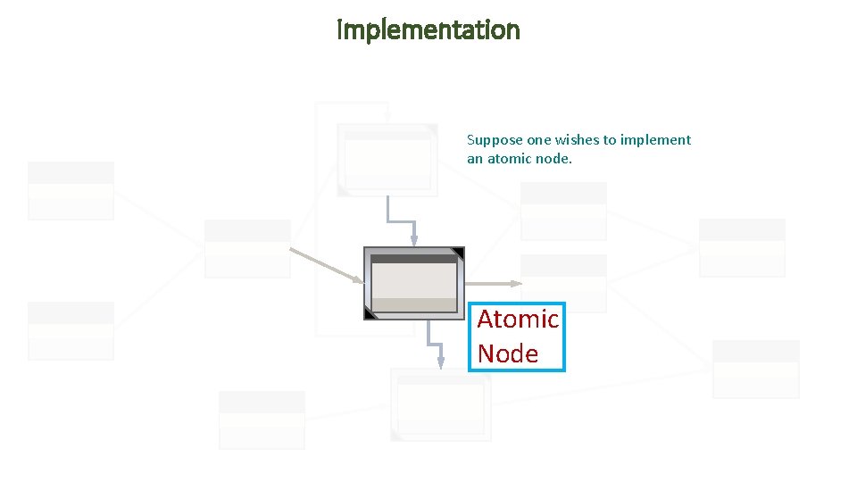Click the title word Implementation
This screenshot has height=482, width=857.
click(428, 30)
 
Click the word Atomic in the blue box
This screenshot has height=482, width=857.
click(518, 319)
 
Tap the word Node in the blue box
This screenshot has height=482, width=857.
click(507, 353)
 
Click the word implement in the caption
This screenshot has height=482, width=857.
click(655, 140)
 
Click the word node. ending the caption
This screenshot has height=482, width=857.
click(553, 159)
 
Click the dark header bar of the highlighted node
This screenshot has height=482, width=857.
click(413, 259)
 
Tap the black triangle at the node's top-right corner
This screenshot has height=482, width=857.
click(458, 253)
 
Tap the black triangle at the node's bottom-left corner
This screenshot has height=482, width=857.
click(370, 313)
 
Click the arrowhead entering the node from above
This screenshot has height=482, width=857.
click(413, 239)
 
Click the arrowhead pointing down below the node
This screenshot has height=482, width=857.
click(440, 361)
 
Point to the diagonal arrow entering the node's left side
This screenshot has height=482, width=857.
click(326, 266)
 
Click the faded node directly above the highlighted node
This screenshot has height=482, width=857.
click(387, 160)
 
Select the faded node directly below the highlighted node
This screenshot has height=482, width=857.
click(441, 404)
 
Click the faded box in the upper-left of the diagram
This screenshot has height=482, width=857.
click(71, 190)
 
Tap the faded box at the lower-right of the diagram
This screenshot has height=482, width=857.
click(755, 369)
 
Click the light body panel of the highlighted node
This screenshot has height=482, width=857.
click(413, 281)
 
